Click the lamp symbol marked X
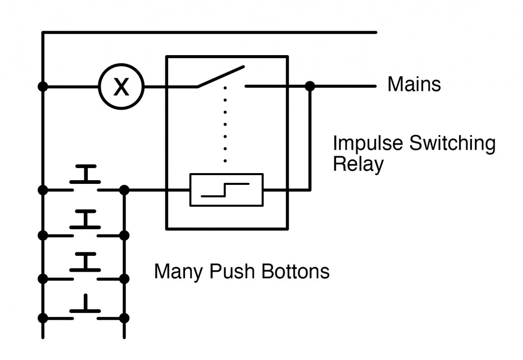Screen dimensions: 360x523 point(121,87)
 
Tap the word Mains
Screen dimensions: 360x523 point(414,84)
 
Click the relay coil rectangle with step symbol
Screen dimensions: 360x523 point(226,190)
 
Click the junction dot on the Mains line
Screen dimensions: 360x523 point(309,86)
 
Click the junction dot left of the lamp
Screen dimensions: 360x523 point(43,87)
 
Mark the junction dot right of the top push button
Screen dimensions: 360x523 point(124,190)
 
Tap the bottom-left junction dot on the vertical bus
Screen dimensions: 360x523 point(43,318)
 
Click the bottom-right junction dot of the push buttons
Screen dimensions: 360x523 point(124,318)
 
